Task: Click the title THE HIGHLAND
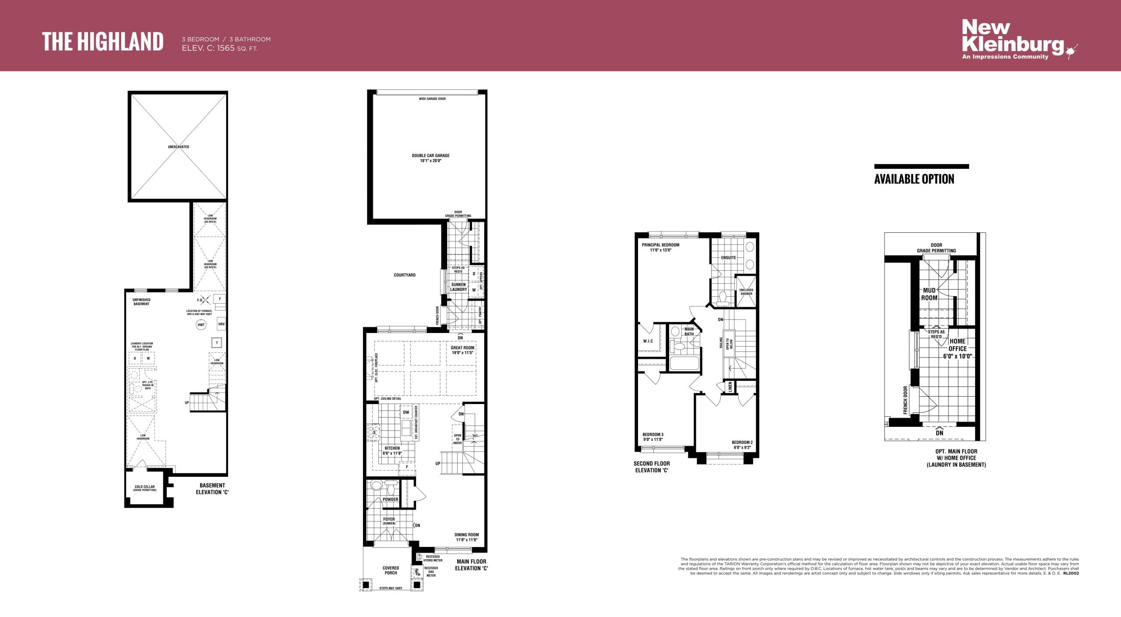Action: (x=103, y=42)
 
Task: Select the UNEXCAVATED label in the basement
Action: (x=178, y=147)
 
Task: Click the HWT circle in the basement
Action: (x=201, y=325)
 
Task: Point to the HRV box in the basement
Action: (x=221, y=324)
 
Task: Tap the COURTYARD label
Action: (x=405, y=275)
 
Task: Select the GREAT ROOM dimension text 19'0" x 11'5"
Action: (x=462, y=353)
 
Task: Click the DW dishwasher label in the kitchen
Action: (x=406, y=412)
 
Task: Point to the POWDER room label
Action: (x=390, y=500)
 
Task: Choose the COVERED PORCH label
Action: (x=391, y=570)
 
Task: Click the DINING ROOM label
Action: (x=466, y=535)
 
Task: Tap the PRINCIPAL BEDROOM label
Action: (x=660, y=245)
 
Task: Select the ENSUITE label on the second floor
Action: (x=728, y=258)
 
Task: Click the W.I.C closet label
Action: (x=648, y=341)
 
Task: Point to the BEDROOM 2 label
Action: (x=742, y=443)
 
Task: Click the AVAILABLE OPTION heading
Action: (x=914, y=179)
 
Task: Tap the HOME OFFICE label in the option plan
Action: (x=957, y=345)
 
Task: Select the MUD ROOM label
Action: (x=929, y=294)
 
